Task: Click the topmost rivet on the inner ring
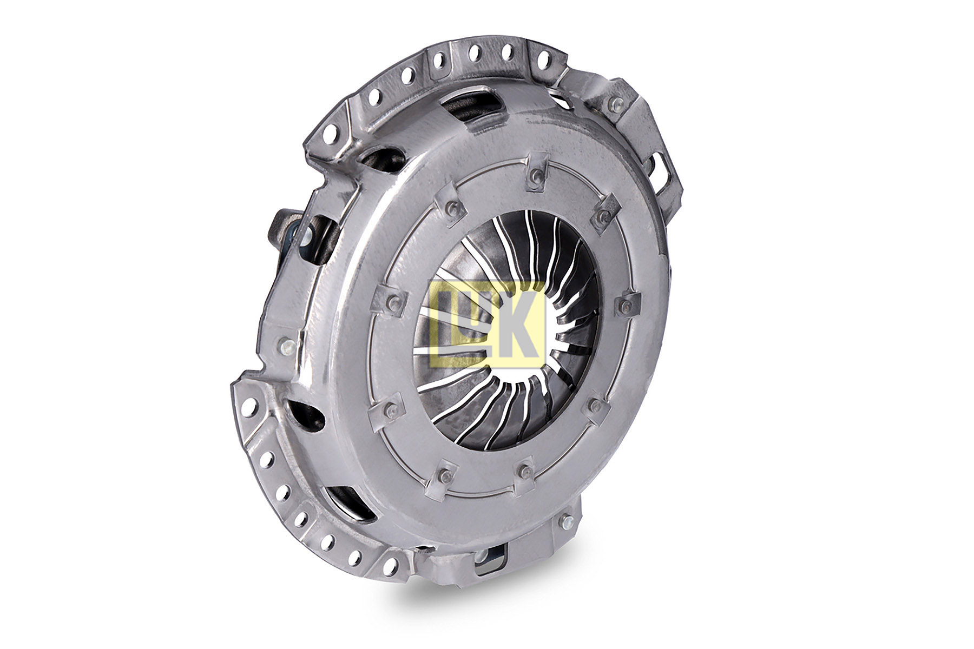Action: coord(535,175)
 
